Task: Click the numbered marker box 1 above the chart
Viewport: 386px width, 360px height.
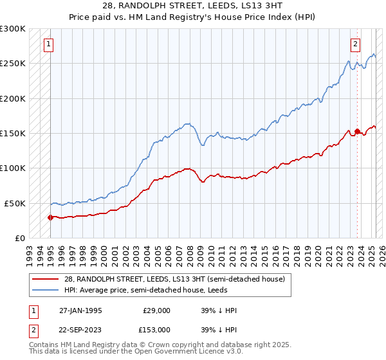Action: (x=50, y=44)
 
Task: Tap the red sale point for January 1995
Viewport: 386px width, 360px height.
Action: (x=50, y=217)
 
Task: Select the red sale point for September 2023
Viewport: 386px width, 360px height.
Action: (x=357, y=131)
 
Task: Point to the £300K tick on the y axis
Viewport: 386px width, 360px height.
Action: (x=13, y=29)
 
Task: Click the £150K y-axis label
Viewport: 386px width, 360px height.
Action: (x=13, y=133)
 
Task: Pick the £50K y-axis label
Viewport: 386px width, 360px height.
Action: (x=15, y=203)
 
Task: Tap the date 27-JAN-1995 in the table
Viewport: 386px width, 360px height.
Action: (x=80, y=310)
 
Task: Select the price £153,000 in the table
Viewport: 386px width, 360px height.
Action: (x=156, y=329)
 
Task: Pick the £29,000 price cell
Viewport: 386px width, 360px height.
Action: (x=156, y=310)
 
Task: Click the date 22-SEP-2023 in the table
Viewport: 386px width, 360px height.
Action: (x=80, y=329)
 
